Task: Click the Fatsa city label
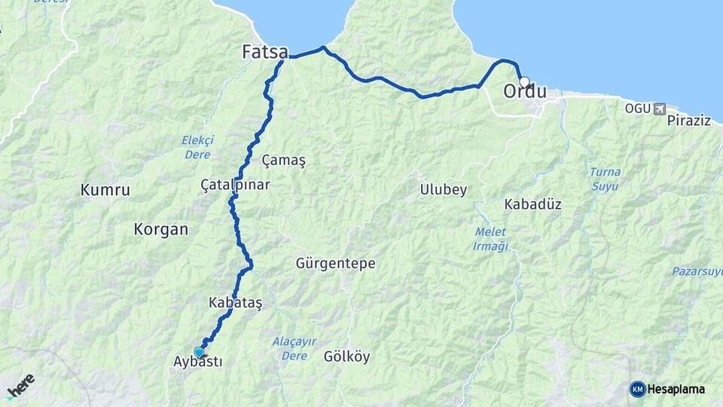pyautogui.click(x=264, y=52)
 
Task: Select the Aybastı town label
pyautogui.click(x=198, y=362)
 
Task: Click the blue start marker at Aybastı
pyautogui.click(x=199, y=352)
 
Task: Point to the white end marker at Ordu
pyautogui.click(x=524, y=81)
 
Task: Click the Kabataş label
pyautogui.click(x=236, y=303)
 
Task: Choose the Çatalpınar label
pyautogui.click(x=235, y=185)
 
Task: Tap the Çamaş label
pyautogui.click(x=283, y=161)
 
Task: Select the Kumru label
pyautogui.click(x=105, y=190)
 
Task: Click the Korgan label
pyautogui.click(x=160, y=230)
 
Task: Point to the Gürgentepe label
pyautogui.click(x=335, y=264)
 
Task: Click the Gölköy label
pyautogui.click(x=346, y=357)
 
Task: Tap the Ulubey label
pyautogui.click(x=444, y=190)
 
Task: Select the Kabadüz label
pyautogui.click(x=532, y=204)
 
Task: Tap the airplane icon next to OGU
pyautogui.click(x=660, y=109)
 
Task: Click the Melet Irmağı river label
pyautogui.click(x=491, y=239)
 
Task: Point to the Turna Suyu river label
pyautogui.click(x=605, y=178)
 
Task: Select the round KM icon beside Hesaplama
pyautogui.click(x=637, y=389)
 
